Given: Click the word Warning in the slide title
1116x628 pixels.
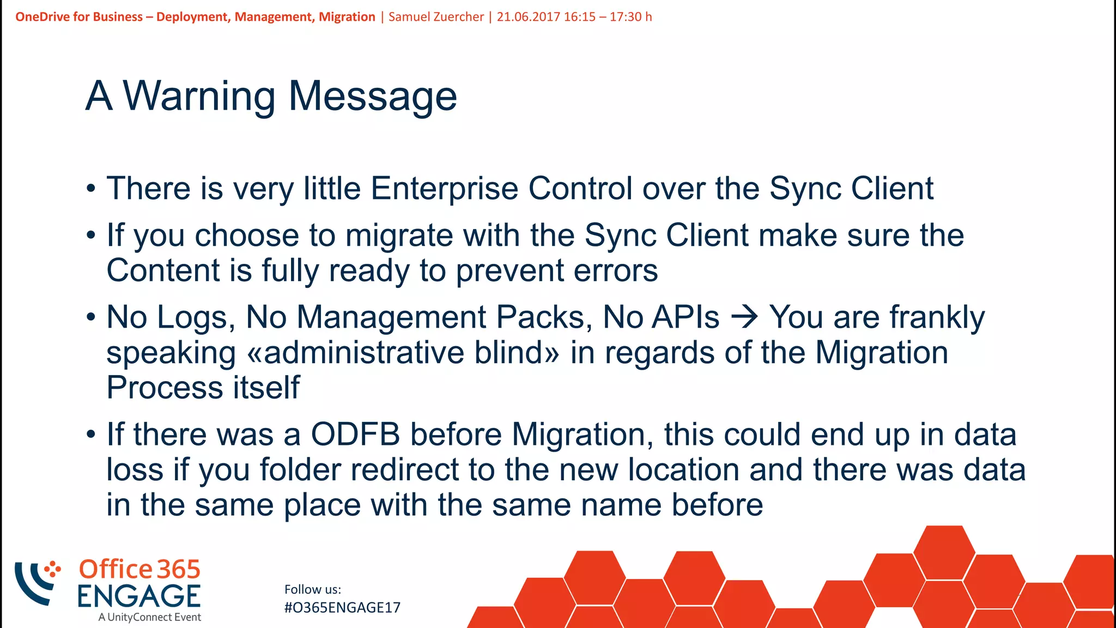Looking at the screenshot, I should [x=199, y=96].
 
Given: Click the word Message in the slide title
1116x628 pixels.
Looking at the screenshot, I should [x=372, y=96].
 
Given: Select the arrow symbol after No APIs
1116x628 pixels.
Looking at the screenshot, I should [x=744, y=317].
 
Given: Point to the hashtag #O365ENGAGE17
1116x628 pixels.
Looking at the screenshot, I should [x=342, y=608].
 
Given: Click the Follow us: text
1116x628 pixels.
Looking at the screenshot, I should [x=313, y=589].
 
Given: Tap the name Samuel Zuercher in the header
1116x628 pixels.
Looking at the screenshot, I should [x=436, y=17].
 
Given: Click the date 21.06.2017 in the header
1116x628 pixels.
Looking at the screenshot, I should [x=528, y=17].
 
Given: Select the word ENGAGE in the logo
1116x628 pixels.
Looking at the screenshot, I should [x=139, y=596].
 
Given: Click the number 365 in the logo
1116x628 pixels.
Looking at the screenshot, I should [x=179, y=570].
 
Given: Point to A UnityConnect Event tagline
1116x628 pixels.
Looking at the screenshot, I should [x=150, y=617].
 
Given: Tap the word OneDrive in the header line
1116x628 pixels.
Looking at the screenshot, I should [x=43, y=17].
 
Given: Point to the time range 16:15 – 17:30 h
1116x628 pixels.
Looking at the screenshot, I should [x=608, y=17].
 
